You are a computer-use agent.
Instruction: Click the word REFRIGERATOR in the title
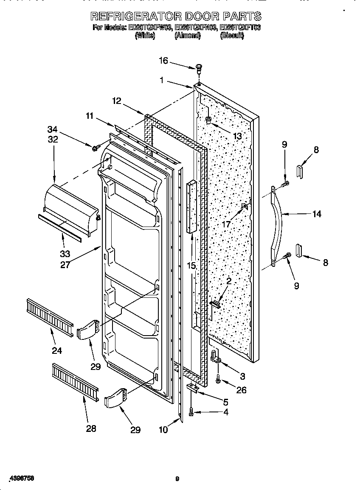[135, 17]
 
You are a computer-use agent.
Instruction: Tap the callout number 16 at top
[164, 61]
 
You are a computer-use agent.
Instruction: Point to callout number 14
[317, 214]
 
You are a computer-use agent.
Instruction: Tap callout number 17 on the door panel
[227, 224]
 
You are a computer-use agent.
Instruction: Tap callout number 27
[65, 265]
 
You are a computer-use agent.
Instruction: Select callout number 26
[241, 390]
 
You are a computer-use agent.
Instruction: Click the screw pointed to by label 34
[95, 147]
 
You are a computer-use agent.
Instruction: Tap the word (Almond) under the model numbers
[187, 36]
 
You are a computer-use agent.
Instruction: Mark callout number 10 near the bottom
[163, 429]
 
